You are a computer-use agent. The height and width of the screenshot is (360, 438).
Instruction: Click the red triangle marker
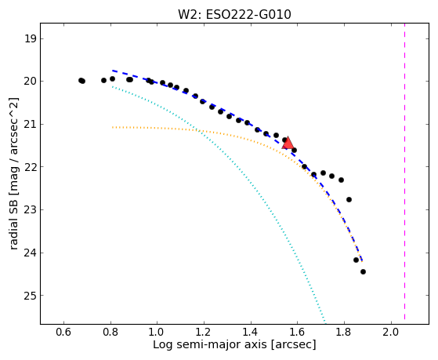tap(288, 144)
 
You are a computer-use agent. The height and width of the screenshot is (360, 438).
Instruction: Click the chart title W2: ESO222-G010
tap(234, 15)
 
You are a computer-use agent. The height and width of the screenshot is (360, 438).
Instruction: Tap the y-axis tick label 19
tap(31, 38)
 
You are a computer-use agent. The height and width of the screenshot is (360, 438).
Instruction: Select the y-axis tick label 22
tap(31, 167)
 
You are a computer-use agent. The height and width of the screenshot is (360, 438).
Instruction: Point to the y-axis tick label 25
tap(31, 296)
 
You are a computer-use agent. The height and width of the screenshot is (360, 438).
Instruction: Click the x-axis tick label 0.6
tap(63, 332)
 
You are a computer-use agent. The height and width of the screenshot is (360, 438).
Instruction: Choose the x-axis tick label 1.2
tap(204, 332)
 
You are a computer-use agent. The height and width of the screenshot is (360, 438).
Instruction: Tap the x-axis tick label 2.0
tap(391, 332)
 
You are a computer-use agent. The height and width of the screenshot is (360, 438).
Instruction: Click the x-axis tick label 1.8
tap(344, 332)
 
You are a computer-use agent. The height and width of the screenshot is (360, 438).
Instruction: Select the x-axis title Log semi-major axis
tap(210, 344)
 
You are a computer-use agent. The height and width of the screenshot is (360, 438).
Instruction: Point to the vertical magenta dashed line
tap(404, 172)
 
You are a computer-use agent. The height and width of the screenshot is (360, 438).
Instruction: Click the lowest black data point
tap(363, 271)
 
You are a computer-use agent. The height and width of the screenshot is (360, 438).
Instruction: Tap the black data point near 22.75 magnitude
tap(349, 199)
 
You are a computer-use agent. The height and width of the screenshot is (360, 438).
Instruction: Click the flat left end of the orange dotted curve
tap(112, 127)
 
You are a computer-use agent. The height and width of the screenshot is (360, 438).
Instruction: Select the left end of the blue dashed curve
tap(113, 71)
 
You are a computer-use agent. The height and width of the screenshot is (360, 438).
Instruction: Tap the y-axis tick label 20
tap(31, 82)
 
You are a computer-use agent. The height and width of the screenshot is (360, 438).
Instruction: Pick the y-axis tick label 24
tap(31, 253)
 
